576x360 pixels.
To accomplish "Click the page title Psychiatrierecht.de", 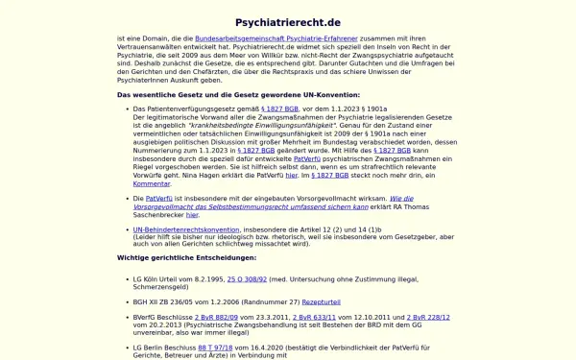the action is pos(287,21).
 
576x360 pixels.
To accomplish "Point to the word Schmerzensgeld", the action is pos(164,287).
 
